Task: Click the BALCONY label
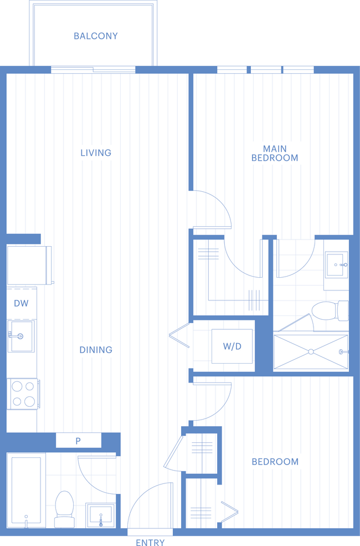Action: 96,36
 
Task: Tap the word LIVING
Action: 96,152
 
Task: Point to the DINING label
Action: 96,350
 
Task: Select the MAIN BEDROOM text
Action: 275,153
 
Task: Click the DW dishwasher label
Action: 21,303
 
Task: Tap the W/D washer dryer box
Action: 232,346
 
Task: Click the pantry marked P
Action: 79,441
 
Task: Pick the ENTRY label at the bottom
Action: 150,542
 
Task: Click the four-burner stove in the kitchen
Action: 23,394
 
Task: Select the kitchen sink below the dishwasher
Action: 21,336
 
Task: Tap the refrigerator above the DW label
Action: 29,265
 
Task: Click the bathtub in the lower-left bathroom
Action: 26,490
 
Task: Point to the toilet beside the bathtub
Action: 65,509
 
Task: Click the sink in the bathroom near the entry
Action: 100,514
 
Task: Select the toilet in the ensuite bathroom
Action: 330,310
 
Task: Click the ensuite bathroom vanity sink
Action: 336,265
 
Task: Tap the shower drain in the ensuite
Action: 311,352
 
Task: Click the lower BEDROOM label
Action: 275,462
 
